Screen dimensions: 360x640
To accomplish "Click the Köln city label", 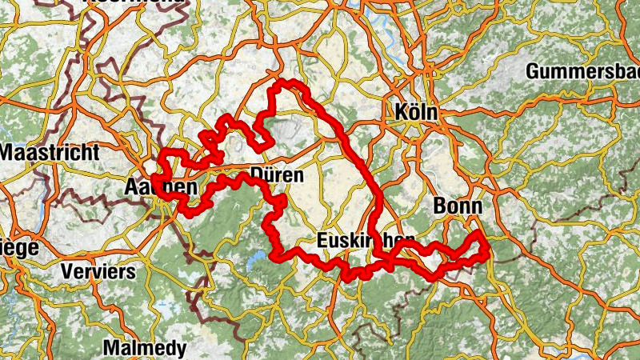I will [417, 113].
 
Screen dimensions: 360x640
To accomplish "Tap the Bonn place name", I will [457, 206].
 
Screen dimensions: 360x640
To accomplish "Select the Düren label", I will [276, 174].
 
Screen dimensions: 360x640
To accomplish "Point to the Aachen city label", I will [161, 187].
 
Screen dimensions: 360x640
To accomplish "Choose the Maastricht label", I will [50, 152].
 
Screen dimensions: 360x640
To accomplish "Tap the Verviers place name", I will [98, 271].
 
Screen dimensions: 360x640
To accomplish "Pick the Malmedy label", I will [145, 348].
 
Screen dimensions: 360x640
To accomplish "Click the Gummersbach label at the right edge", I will [582, 72].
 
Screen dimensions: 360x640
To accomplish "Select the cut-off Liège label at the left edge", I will [18, 248].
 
